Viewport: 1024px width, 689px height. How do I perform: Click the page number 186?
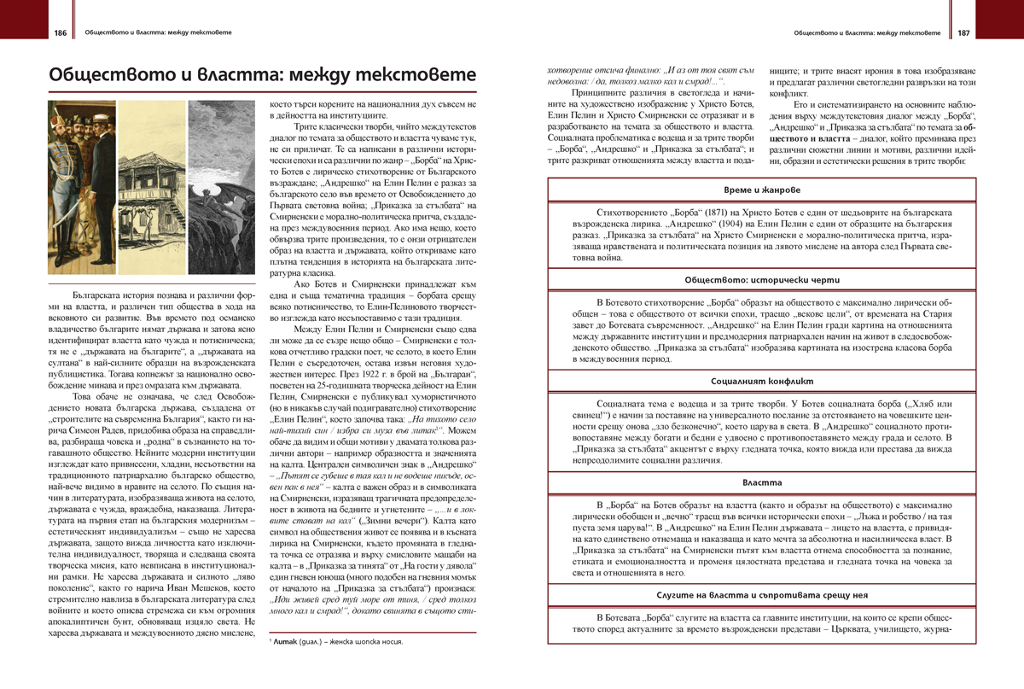[x=60, y=33]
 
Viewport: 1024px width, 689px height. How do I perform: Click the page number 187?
[x=963, y=33]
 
